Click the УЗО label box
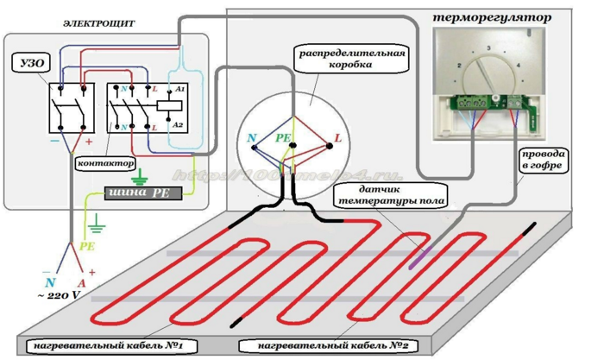coord(28,63)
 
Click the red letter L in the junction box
coord(337,138)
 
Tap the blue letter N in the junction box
coord(251,138)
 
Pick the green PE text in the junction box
coord(283,136)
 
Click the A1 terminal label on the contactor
coord(179,88)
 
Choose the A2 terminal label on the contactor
coord(179,124)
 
